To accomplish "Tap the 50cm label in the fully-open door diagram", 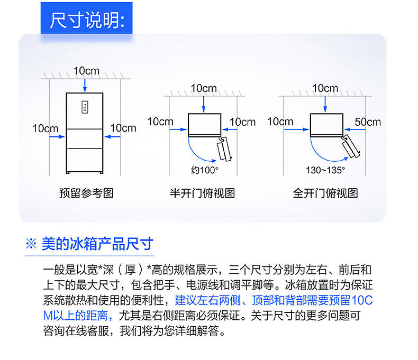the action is (x=368, y=122).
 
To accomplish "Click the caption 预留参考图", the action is (x=86, y=193).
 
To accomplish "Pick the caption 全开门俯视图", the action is (x=325, y=193).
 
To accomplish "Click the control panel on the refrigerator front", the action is (x=84, y=106).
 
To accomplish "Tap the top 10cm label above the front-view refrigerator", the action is (x=86, y=71).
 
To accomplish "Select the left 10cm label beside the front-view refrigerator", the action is (x=46, y=128).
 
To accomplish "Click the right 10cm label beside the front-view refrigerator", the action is (x=123, y=128).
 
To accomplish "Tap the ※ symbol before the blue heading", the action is (x=31, y=244).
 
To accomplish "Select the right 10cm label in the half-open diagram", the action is (x=242, y=122).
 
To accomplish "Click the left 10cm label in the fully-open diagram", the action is (x=280, y=122).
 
